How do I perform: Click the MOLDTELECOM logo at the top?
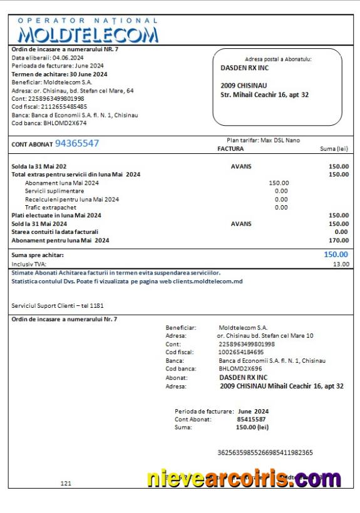point(88,33)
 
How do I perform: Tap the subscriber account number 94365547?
point(77,143)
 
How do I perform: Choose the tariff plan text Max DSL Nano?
point(280,141)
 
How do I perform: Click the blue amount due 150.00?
point(336,255)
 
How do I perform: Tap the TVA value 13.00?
point(341,264)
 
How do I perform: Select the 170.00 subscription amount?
point(339,240)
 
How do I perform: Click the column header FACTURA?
point(230,149)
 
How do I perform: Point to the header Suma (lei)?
point(334,149)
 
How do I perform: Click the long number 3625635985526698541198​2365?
point(265,452)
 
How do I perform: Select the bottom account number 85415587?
point(251,419)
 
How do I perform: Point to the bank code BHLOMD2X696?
point(241,369)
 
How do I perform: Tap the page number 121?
point(66,483)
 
